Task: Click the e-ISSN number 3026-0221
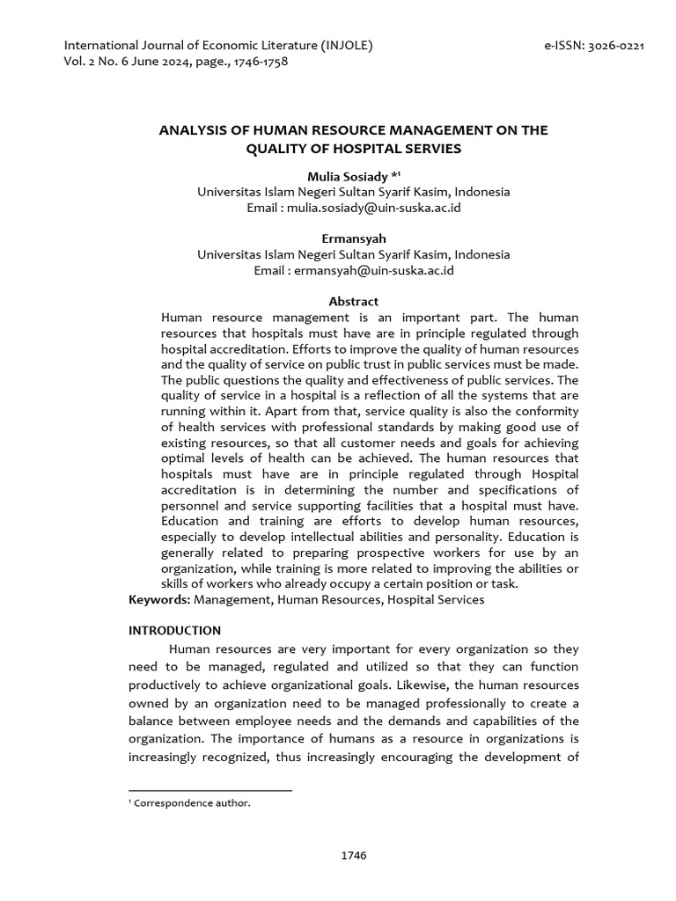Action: pos(611,46)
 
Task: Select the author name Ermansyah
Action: pos(353,238)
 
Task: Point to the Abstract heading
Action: pos(353,301)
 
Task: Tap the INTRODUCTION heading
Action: pos(175,630)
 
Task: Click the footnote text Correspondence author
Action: pos(192,802)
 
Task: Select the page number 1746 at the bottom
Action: pos(353,855)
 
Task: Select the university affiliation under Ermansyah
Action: pos(353,254)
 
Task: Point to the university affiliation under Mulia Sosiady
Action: pos(353,192)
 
